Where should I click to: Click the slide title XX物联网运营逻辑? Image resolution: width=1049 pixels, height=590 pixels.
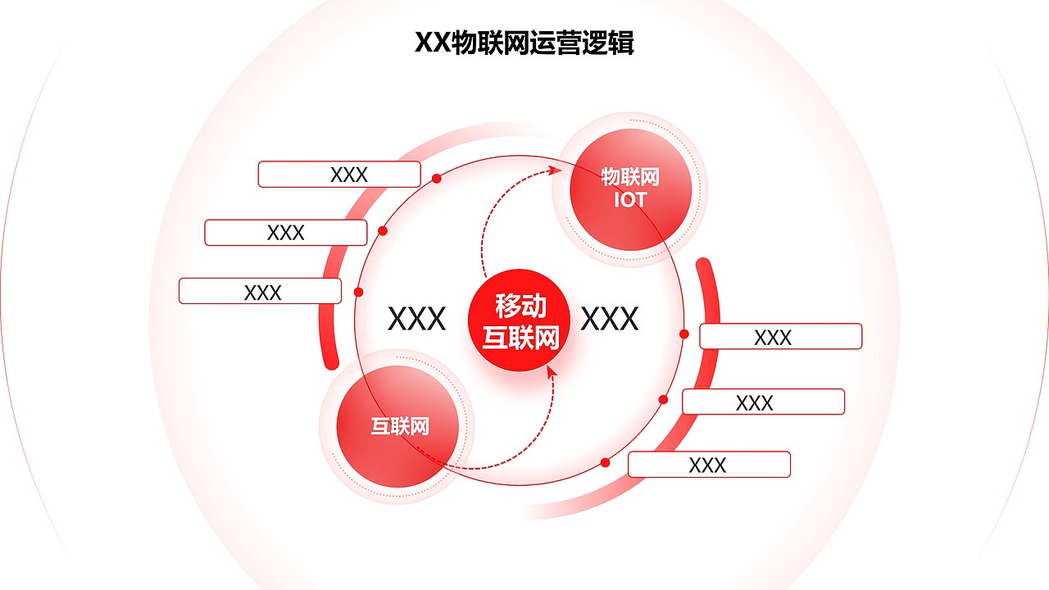tap(524, 43)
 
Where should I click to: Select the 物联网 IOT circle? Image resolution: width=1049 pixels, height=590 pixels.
tap(630, 189)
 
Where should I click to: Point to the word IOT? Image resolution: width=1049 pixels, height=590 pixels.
tap(630, 200)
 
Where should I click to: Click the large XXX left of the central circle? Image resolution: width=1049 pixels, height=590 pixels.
tap(416, 319)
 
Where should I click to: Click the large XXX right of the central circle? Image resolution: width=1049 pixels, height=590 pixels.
tap(609, 319)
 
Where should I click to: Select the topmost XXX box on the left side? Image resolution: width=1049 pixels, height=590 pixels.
tap(339, 175)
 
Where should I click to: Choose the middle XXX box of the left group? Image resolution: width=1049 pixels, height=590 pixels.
tap(285, 233)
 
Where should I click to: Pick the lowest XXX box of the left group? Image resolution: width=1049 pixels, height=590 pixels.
tap(260, 291)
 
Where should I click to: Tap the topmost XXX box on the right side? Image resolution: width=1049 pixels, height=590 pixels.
tap(780, 337)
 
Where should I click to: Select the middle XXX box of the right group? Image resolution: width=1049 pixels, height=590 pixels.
tap(763, 402)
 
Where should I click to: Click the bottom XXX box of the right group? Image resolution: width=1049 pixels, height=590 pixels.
tap(709, 465)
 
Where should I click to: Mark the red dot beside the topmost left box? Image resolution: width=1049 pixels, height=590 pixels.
tap(437, 178)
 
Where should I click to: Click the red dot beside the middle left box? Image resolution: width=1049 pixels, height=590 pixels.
tap(382, 231)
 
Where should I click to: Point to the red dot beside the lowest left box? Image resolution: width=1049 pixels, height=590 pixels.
tap(358, 292)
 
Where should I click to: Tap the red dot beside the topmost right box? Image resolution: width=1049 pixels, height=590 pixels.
tap(684, 334)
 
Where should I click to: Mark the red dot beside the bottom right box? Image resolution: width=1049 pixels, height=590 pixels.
tap(605, 462)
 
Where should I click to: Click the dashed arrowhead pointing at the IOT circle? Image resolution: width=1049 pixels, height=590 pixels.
tap(556, 170)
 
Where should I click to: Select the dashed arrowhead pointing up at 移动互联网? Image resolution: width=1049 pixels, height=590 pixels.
tap(551, 372)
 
